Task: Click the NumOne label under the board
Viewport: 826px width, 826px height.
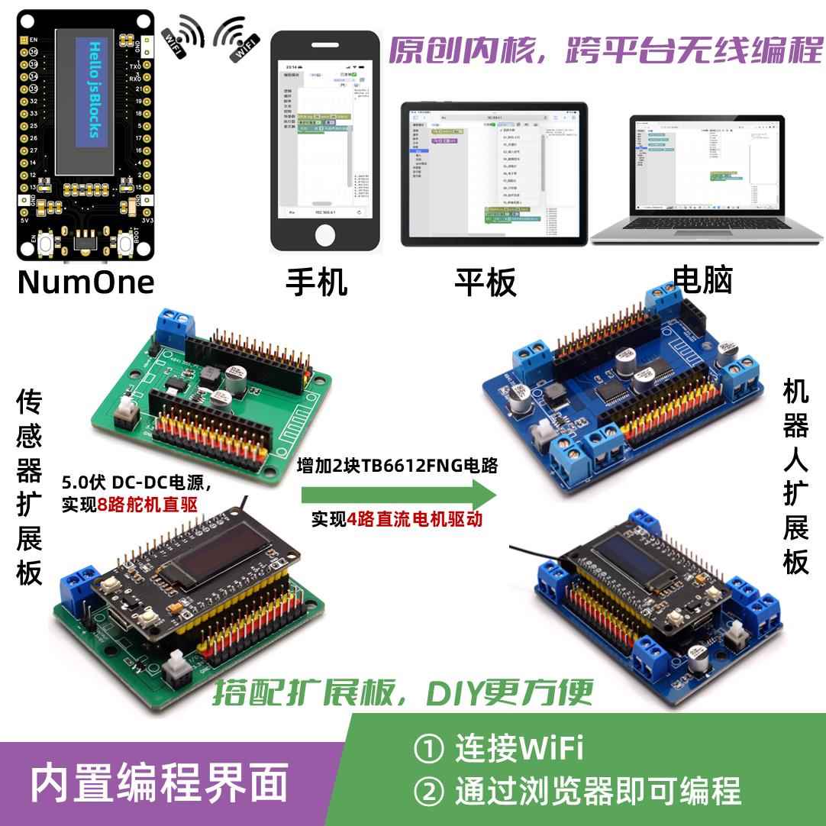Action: pyautogui.click(x=86, y=282)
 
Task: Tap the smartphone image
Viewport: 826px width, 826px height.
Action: pyautogui.click(x=326, y=141)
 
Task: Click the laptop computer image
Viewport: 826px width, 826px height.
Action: pyautogui.click(x=706, y=179)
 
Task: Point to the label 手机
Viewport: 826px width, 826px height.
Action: pyautogui.click(x=316, y=282)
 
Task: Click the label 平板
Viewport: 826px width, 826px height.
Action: pyautogui.click(x=486, y=282)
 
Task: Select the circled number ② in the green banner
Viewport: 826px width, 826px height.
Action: pyautogui.click(x=428, y=791)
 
